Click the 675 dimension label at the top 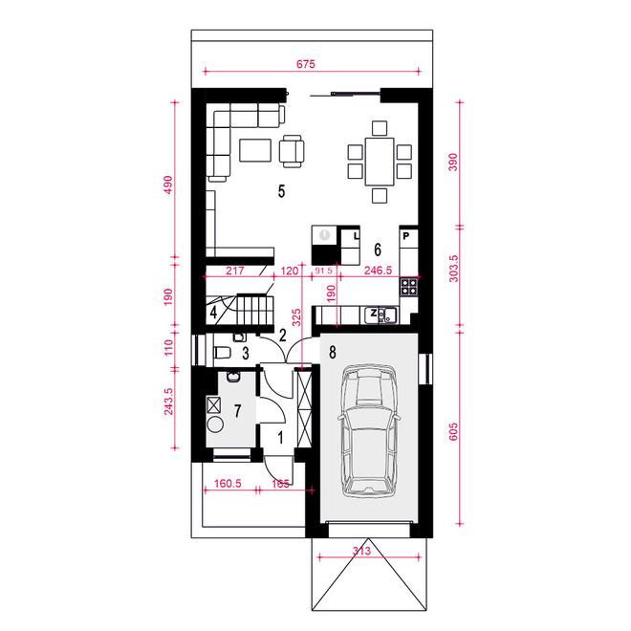(306, 64)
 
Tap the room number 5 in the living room (282, 191)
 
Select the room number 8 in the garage (333, 352)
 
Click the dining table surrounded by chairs (380, 162)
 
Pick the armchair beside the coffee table (292, 151)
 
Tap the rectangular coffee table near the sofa (255, 150)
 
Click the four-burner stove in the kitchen (409, 287)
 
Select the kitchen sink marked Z (381, 315)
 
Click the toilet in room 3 (222, 353)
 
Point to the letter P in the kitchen (406, 236)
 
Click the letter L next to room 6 (356, 235)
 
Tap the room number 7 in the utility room (238, 411)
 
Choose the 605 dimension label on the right (453, 432)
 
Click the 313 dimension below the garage (361, 551)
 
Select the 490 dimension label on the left (168, 185)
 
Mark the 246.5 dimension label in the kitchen (378, 271)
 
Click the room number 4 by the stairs (213, 313)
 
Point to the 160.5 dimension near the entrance (228, 484)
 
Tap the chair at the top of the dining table (380, 128)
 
